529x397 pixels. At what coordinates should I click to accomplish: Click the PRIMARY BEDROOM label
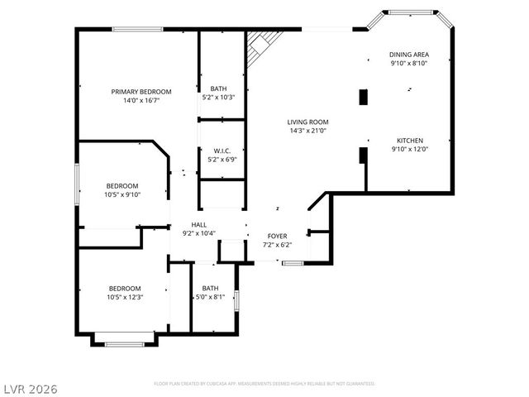141,91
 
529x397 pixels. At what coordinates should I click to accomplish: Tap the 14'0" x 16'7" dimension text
141,100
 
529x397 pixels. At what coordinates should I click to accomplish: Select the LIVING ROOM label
308,122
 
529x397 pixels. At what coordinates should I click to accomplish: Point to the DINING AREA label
409,55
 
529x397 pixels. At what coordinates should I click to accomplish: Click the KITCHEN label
409,141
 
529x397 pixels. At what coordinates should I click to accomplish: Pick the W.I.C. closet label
222,151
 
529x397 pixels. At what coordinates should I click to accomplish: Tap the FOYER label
277,236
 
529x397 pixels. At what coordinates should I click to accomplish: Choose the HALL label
198,224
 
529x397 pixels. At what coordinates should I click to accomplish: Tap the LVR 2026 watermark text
29,387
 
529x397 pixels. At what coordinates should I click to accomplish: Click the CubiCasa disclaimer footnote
264,384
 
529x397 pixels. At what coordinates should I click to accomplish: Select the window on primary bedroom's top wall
137,30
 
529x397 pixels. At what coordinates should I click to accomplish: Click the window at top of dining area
409,12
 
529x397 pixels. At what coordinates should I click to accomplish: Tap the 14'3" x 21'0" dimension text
308,131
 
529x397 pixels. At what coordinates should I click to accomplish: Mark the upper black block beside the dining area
363,97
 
